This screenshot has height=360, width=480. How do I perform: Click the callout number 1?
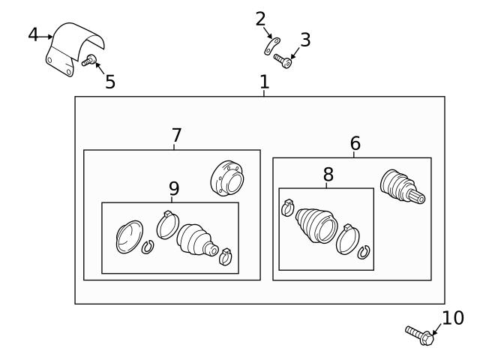[264, 82]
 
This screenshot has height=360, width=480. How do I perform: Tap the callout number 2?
[260, 19]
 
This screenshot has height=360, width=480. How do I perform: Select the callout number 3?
[304, 40]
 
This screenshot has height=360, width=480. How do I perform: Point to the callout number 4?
[34, 34]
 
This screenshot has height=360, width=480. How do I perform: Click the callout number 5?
[110, 82]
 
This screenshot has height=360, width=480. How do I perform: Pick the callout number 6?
[355, 142]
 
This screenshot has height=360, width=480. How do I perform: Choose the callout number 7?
[176, 136]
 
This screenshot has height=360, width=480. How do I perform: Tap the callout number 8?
[328, 174]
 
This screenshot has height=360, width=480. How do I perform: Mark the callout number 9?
[174, 188]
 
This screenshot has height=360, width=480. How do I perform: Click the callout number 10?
[453, 318]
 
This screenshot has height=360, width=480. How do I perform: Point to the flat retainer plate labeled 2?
[271, 47]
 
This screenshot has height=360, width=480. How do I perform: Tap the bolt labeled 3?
[283, 60]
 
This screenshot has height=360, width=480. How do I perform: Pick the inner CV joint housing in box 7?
[226, 179]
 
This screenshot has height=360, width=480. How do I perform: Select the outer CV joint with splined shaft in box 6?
[401, 187]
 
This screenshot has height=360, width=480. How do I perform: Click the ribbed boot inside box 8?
[316, 223]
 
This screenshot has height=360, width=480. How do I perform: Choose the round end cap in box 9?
[127, 236]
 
